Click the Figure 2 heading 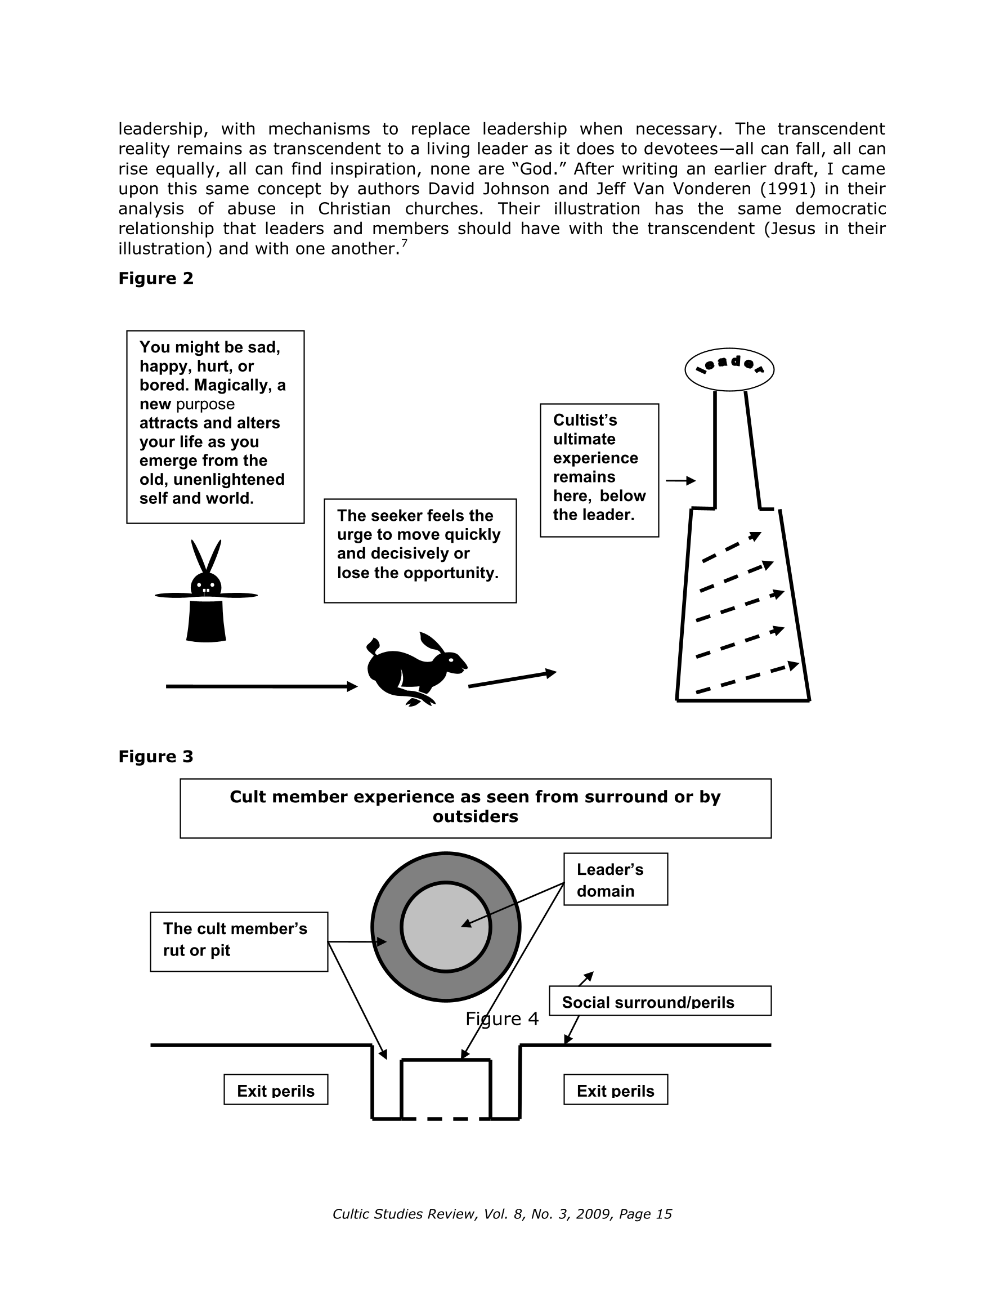(156, 279)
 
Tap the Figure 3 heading (156, 757)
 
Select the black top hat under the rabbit (206, 621)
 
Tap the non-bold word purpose (205, 404)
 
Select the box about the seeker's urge (420, 551)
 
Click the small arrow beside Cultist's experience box (681, 480)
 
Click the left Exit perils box (276, 1089)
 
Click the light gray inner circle (446, 927)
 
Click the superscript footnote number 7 (404, 242)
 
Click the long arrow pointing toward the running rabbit (262, 686)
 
